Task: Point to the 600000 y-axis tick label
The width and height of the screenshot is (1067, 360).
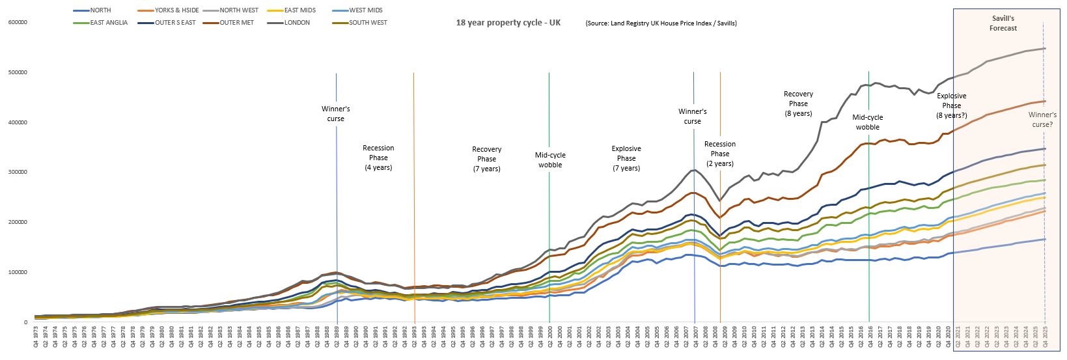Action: pos(18,23)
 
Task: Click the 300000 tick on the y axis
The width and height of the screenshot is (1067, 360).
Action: pos(18,173)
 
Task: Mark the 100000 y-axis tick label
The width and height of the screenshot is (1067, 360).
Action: pos(18,272)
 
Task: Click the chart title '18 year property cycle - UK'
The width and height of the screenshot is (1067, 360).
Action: pos(508,23)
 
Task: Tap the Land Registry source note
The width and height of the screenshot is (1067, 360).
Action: pos(661,23)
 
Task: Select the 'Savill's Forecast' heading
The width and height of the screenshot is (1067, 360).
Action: pos(1003,24)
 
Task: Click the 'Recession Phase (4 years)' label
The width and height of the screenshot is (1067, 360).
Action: pos(378,158)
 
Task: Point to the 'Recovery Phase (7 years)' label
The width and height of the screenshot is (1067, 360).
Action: pos(486,159)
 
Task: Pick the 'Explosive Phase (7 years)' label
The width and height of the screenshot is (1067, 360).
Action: pos(626,158)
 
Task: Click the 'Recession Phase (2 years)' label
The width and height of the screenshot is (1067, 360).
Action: pos(720,154)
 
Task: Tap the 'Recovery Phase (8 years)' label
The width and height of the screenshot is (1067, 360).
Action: pos(798,104)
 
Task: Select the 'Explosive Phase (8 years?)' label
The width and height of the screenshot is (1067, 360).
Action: pos(951,105)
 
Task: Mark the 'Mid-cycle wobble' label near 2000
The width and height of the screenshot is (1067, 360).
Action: pos(550,160)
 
